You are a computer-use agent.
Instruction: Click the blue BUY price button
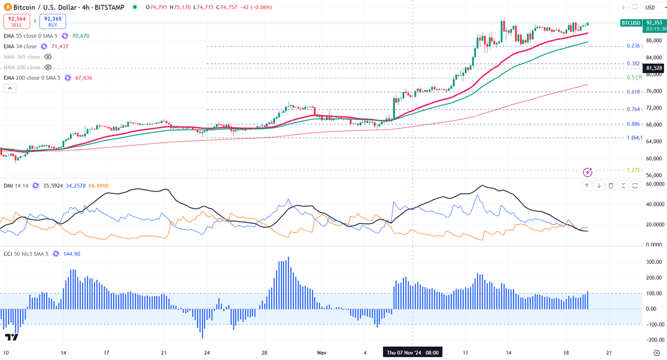[x=53, y=21]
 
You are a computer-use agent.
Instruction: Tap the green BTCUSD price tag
[x=631, y=23]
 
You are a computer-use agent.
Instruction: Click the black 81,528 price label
[x=654, y=68]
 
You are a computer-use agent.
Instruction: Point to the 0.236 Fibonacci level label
[x=633, y=46]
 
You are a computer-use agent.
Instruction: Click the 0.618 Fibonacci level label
[x=633, y=92]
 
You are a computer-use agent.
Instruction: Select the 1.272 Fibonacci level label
[x=633, y=170]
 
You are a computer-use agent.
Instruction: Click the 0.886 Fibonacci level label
[x=633, y=124]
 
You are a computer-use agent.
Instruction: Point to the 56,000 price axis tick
[x=653, y=175]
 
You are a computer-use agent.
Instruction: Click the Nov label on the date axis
[x=321, y=353]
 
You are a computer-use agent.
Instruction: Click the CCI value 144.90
[x=73, y=254]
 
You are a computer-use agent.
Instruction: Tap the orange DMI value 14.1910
[x=98, y=186]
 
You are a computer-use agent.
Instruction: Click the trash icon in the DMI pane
[x=611, y=186]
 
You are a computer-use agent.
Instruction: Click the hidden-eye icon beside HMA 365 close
[x=48, y=57]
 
